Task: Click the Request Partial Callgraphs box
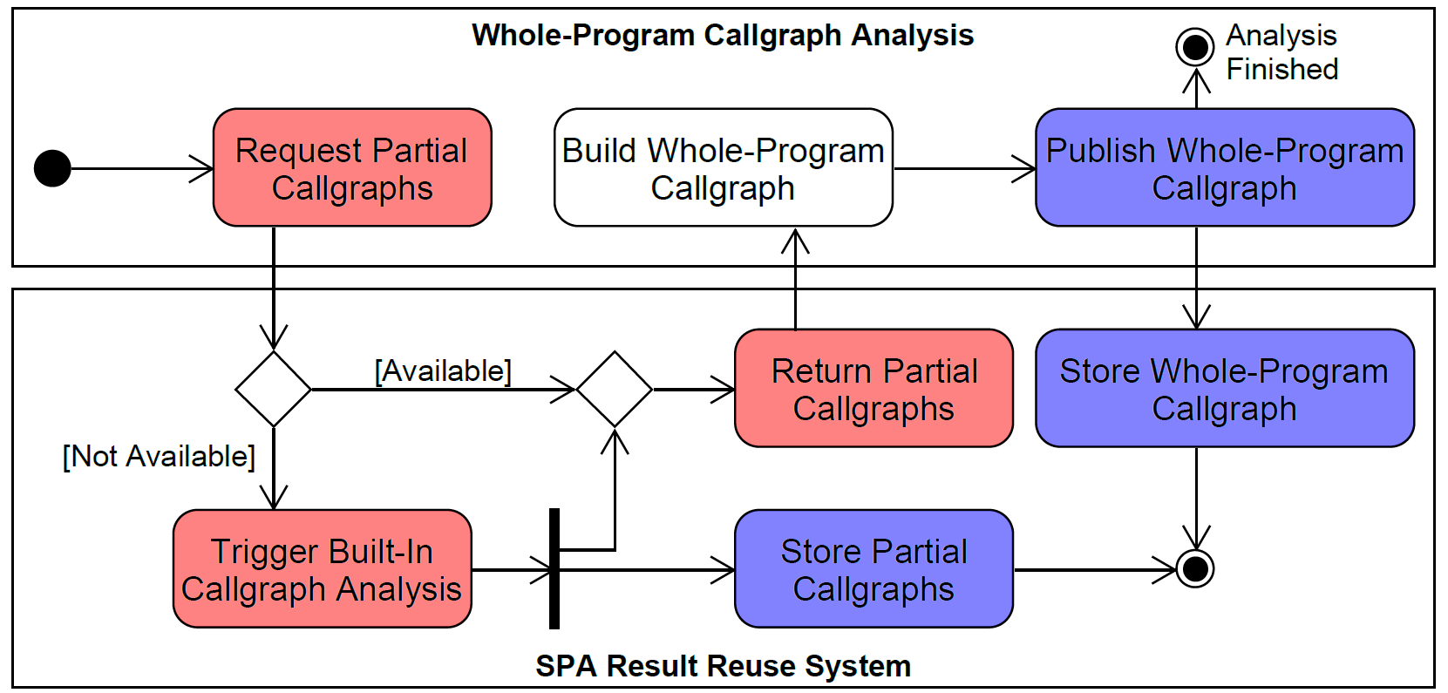point(352,168)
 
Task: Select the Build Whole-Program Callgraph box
point(723,168)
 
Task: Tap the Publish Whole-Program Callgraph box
point(1224,168)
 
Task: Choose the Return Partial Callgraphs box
point(874,389)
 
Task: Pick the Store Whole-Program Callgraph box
point(1224,389)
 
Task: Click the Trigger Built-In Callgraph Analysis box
point(322,569)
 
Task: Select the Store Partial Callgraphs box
point(874,569)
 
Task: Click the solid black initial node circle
point(52,168)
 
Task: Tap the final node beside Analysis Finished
point(1195,46)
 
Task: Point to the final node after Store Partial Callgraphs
point(1195,569)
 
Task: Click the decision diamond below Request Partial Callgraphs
point(274,389)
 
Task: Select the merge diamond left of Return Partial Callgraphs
point(615,389)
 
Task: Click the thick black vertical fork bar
point(554,568)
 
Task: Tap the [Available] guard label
point(443,371)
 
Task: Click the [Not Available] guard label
point(159,456)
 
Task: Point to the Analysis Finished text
point(1281,52)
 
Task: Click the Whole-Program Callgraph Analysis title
point(723,36)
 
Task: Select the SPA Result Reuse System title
point(723,666)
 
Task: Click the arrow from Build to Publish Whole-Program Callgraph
point(964,168)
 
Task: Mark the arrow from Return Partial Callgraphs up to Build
point(795,279)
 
